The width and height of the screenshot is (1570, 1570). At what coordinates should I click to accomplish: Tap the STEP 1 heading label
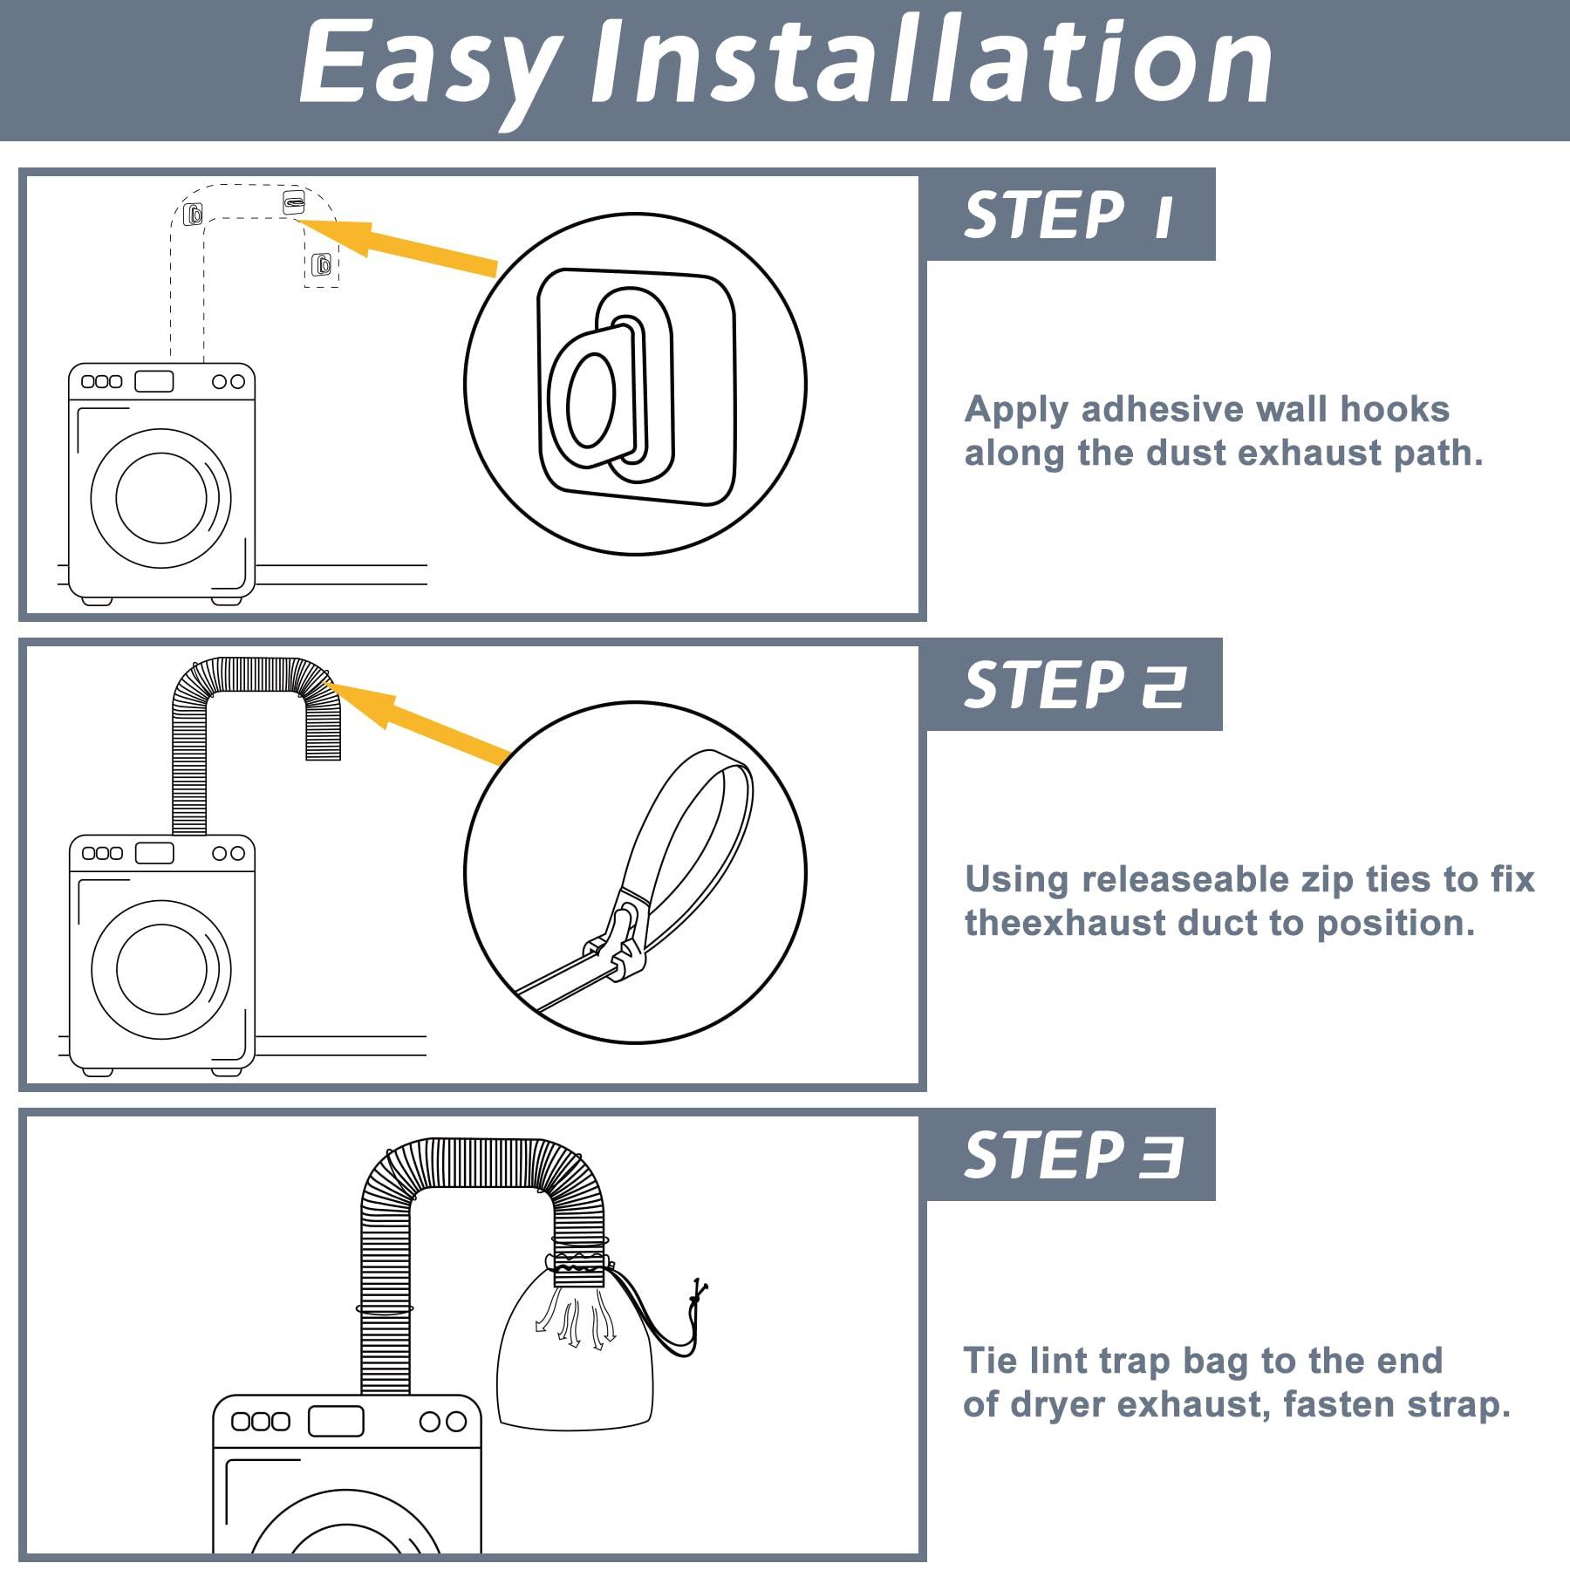(1069, 215)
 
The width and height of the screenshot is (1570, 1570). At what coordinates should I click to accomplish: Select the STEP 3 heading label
(1073, 1155)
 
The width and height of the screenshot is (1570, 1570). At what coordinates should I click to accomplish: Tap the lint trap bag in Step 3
(575, 1339)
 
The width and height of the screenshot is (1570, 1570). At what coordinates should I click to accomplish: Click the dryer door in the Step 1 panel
(161, 498)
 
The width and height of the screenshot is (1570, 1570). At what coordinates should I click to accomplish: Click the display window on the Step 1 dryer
(154, 381)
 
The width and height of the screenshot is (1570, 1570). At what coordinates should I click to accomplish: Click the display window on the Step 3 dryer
(336, 1421)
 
